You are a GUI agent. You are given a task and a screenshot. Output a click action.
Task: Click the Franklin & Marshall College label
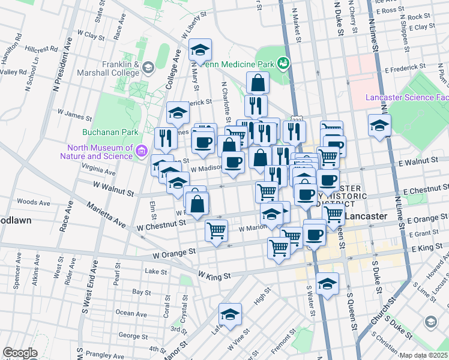click(x=113, y=68)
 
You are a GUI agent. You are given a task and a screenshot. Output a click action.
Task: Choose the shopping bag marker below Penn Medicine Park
click(x=258, y=83)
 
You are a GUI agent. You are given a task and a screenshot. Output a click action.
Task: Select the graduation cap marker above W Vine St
click(x=230, y=314)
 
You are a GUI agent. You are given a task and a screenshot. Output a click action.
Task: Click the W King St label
click(x=214, y=277)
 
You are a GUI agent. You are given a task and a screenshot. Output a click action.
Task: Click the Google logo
click(x=20, y=353)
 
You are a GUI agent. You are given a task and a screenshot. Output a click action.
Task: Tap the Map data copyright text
click(x=424, y=355)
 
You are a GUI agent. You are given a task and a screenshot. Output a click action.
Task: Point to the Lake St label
click(x=155, y=272)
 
